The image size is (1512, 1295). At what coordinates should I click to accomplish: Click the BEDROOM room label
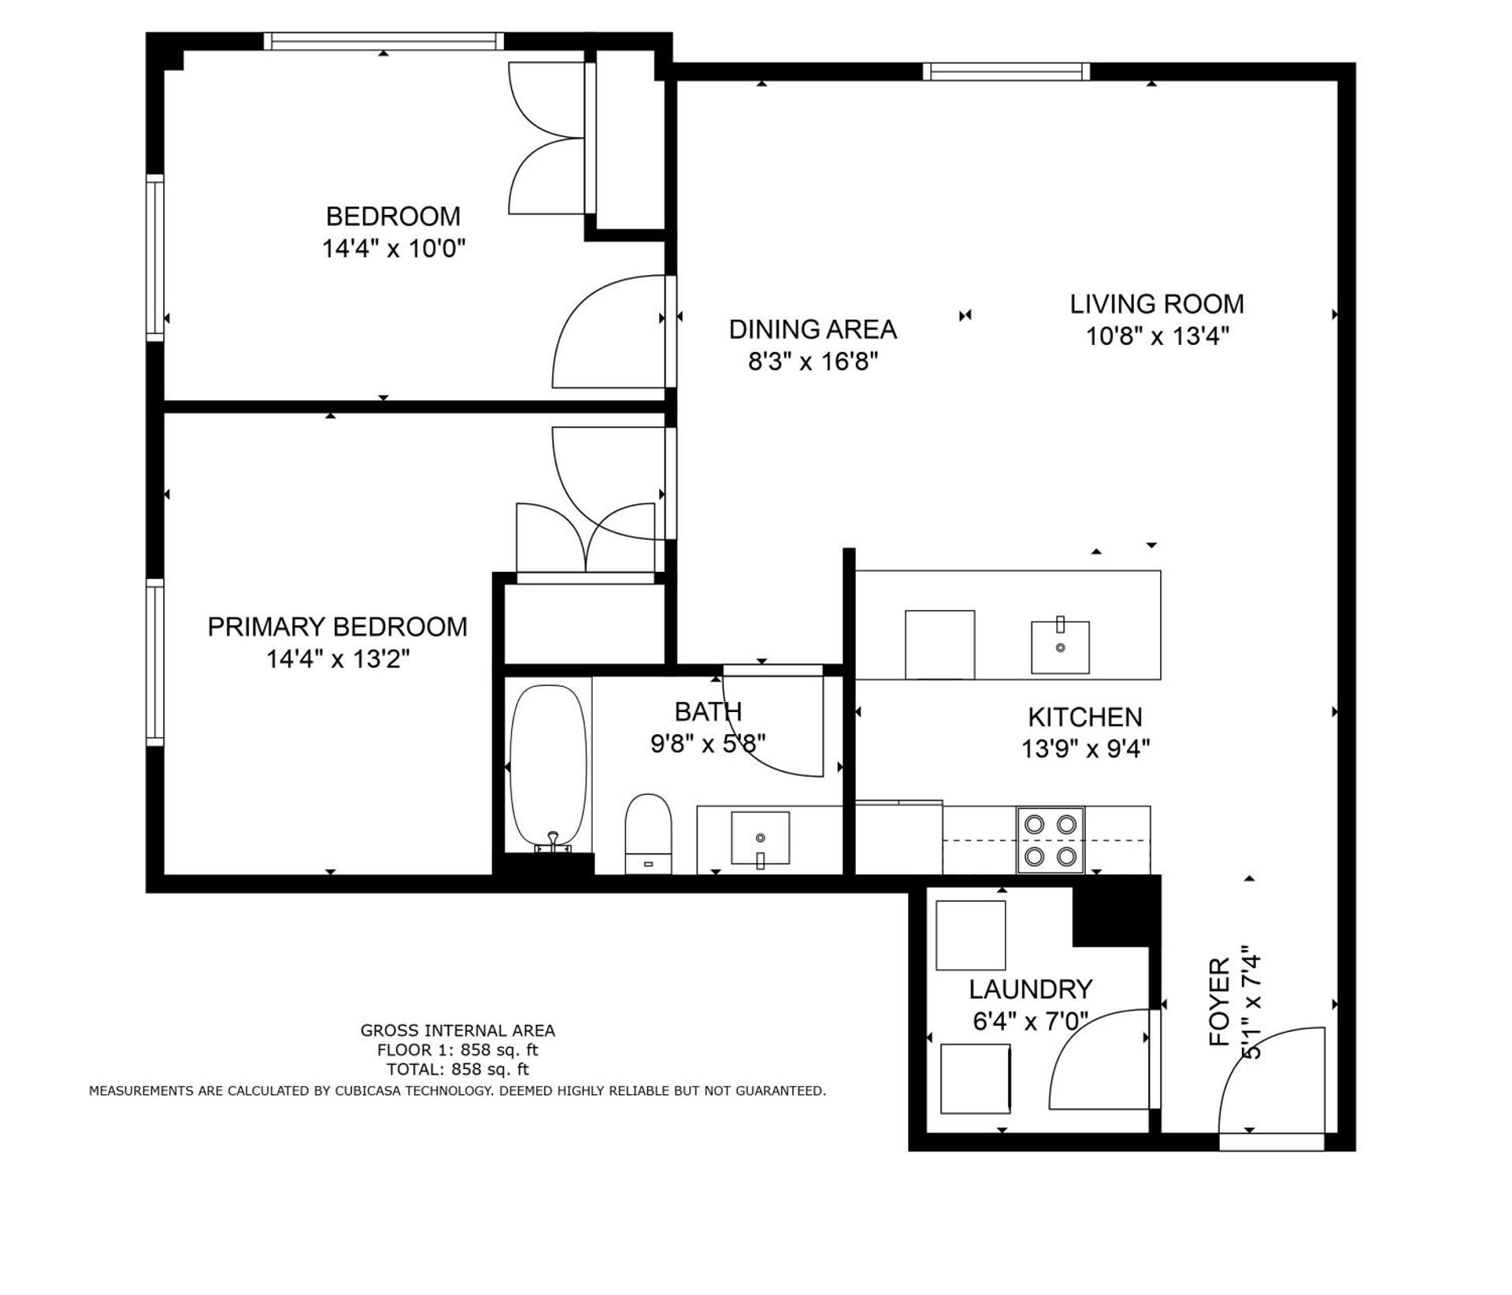393,216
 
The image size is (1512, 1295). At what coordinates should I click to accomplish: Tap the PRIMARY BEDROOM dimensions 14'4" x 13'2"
338,659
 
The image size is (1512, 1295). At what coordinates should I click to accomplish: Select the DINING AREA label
813,329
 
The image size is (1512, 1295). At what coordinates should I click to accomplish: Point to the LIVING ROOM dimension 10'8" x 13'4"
1157,336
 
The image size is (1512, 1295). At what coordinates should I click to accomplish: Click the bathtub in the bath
548,766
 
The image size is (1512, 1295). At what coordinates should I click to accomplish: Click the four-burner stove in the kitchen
1051,840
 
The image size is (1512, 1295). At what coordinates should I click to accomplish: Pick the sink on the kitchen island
1060,647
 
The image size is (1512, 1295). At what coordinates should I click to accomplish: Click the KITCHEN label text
1085,717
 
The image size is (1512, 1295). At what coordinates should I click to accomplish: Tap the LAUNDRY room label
1030,989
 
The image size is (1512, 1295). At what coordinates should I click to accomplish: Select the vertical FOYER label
1219,1002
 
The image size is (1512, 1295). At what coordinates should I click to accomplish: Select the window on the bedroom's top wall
384,41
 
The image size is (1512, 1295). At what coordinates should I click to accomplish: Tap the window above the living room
1006,72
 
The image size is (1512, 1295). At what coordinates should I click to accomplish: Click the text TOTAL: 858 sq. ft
458,1069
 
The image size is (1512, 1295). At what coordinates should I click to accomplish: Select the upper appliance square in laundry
970,935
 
